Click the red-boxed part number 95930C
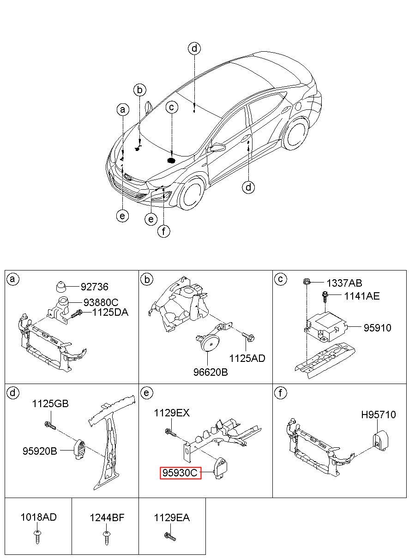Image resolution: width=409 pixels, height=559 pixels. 180,473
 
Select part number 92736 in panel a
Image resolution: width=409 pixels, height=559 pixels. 94,287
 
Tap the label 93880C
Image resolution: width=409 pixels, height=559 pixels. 101,302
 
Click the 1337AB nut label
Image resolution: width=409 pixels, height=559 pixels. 344,283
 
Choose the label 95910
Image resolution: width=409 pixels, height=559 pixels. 377,328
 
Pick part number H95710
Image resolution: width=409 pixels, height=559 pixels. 378,415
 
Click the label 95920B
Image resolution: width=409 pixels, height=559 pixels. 40,451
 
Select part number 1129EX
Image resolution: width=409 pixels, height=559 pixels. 172,413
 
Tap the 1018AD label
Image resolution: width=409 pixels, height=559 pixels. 38,517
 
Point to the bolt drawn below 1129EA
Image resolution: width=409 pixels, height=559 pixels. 170,536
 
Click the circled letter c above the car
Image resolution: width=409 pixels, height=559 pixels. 172,108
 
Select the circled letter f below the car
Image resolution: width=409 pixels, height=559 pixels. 163,231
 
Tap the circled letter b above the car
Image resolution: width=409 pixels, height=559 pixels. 140,90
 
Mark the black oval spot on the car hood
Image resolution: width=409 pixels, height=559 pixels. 172,161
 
